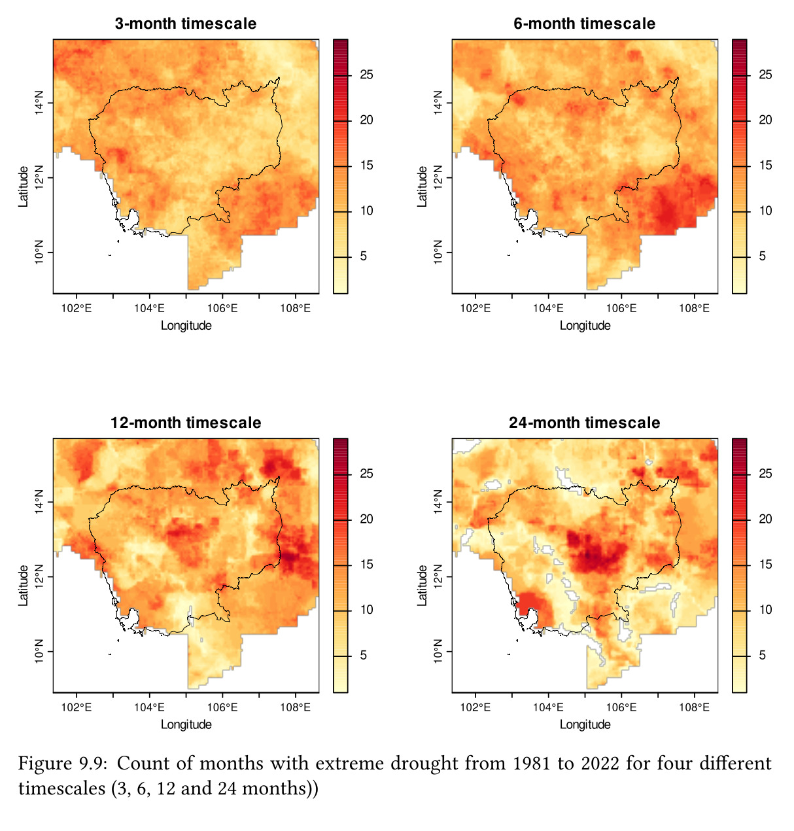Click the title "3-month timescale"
(x=186, y=24)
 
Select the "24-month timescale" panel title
(x=584, y=423)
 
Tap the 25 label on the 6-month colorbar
(x=765, y=75)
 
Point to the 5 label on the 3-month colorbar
(x=364, y=256)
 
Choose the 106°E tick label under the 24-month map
(x=621, y=707)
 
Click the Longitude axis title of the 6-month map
(x=585, y=326)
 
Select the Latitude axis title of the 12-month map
(x=24, y=585)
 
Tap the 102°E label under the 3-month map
(x=77, y=308)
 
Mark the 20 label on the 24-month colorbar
(x=765, y=519)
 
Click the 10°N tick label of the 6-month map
(x=438, y=252)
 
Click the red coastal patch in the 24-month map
(x=531, y=605)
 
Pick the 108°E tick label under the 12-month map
(x=295, y=707)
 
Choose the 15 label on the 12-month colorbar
(x=366, y=564)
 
